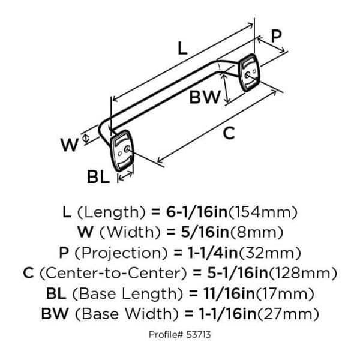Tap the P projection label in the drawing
(276, 35)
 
